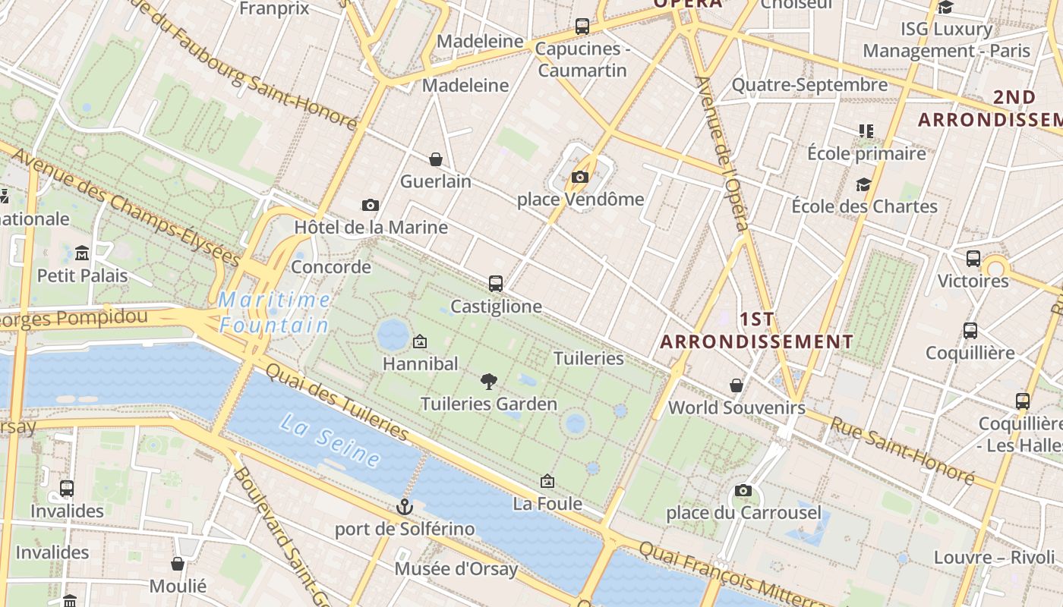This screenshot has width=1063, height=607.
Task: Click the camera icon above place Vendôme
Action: point(580,177)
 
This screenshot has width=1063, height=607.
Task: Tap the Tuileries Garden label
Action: point(489,404)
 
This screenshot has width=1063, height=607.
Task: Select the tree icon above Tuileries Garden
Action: point(489,382)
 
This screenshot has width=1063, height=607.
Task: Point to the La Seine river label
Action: point(330,440)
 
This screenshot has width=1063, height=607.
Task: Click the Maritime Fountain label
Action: point(275,313)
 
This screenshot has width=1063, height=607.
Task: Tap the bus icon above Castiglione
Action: point(496,284)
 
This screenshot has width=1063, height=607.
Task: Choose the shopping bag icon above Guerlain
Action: point(436,159)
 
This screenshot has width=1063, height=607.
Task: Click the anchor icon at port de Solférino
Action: point(405,506)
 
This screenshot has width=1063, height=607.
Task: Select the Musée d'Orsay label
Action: point(456,568)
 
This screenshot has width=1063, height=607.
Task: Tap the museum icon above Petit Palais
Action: point(82,253)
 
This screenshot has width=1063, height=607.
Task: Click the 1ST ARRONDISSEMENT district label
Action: point(756,330)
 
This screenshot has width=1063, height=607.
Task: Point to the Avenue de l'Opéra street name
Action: point(723,152)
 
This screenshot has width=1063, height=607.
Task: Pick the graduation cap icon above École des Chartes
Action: point(863,184)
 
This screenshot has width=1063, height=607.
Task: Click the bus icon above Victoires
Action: point(973,259)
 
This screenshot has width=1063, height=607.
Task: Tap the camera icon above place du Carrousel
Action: point(743,490)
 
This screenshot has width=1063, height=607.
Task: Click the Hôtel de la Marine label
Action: point(371,227)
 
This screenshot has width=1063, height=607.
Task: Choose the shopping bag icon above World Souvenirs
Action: point(736,385)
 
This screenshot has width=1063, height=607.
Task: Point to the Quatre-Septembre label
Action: point(809,84)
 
